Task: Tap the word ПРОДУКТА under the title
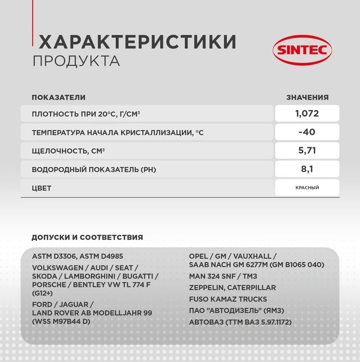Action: [x=76, y=61]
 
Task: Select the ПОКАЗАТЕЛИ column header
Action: [x=58, y=97]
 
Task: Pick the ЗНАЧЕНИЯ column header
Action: [x=307, y=97]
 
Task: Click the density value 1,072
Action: [x=307, y=113]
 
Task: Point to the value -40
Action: [x=307, y=132]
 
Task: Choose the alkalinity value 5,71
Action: [x=307, y=151]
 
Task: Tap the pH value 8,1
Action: [x=307, y=170]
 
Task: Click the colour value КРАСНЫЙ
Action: [x=307, y=187]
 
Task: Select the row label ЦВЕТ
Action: [x=42, y=188]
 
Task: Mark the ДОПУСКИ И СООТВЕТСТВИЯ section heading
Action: [x=87, y=237]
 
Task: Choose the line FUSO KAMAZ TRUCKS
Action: [x=228, y=299]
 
